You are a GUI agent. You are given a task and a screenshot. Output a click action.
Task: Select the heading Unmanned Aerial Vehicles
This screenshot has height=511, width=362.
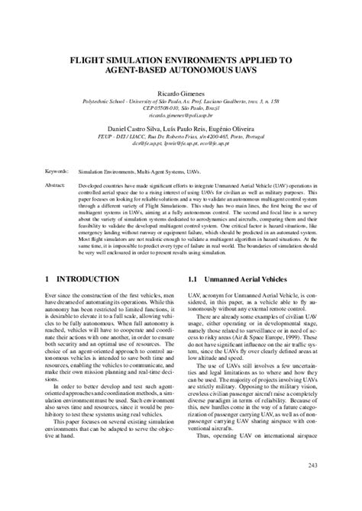tap(248, 280)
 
